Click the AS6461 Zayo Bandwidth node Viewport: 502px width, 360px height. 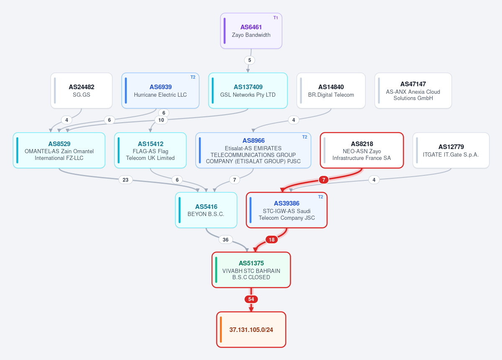[251, 31]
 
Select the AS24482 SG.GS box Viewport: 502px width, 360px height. [81, 90]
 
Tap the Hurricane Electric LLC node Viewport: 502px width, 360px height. [160, 90]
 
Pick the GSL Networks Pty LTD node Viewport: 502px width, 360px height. [248, 90]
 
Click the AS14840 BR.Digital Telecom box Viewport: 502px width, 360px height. [331, 90]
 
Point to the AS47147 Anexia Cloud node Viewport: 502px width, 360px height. [413, 90]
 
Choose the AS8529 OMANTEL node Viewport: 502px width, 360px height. [59, 150]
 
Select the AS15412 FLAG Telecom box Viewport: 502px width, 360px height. [150, 150]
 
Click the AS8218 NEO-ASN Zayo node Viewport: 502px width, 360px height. [362, 150]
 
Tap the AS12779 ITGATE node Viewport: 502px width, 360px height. [451, 150]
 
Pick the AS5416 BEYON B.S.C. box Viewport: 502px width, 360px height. [206, 210]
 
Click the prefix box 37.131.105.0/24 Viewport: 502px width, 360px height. [251, 329]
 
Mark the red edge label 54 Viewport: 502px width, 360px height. [251, 299]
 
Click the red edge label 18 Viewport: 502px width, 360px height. [271, 240]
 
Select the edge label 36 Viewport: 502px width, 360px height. [226, 240]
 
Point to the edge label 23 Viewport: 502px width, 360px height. [126, 180]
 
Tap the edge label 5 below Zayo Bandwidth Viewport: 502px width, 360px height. [250, 60]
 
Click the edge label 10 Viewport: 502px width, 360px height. [161, 120]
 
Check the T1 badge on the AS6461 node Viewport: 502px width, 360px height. [275, 18]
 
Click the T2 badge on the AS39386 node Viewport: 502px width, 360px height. [320, 197]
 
